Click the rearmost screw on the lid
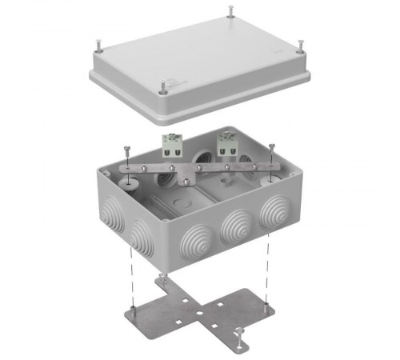(x=230, y=10)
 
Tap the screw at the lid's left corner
(x=96, y=41)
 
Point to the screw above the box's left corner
(x=128, y=150)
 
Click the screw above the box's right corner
(x=273, y=149)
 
